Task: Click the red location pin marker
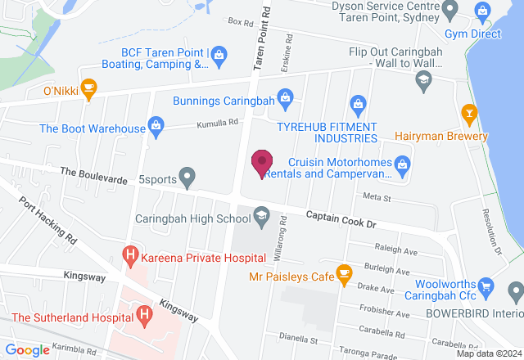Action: (262, 164)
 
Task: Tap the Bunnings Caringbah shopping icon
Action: (284, 101)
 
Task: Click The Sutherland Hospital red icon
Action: (145, 314)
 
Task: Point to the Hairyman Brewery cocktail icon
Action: (469, 112)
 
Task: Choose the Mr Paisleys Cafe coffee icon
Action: (344, 276)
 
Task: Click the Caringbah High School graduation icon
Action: (262, 218)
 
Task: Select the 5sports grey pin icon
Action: (187, 175)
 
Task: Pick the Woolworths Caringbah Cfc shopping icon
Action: (487, 286)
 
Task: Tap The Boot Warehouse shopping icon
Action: (156, 127)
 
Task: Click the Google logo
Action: (28, 350)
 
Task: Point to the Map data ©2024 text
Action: (488, 353)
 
